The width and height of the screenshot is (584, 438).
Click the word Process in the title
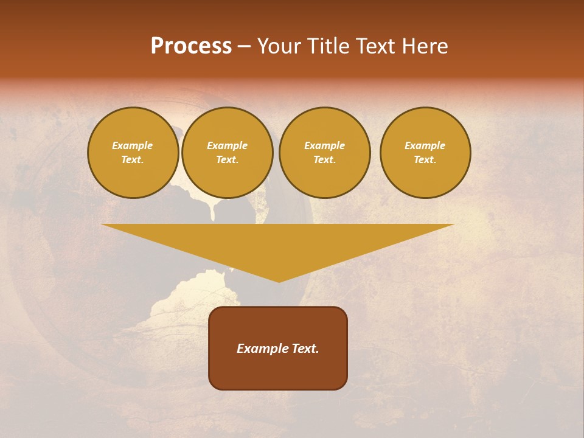[191, 46]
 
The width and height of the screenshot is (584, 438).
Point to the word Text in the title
[378, 46]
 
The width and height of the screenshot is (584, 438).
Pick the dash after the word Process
[244, 47]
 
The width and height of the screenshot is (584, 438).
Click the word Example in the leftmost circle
[133, 145]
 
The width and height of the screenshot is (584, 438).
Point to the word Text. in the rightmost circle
[425, 159]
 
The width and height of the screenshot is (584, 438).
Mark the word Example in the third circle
[324, 145]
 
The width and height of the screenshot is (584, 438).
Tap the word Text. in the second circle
[228, 159]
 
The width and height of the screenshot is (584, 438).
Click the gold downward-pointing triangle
[278, 243]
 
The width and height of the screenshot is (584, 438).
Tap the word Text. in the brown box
[305, 349]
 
